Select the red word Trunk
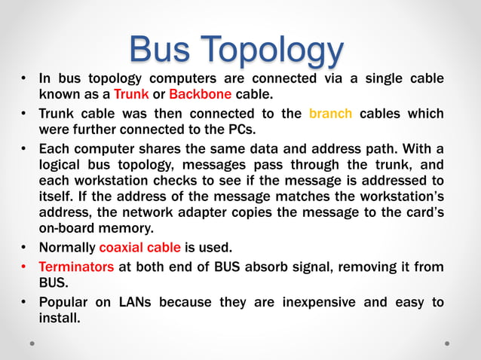click(130, 95)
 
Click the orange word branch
click(330, 114)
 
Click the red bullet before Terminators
click(24, 267)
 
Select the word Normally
click(66, 247)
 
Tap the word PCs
click(226, 130)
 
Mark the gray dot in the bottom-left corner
click(33, 343)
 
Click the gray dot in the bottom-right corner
click(447, 343)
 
